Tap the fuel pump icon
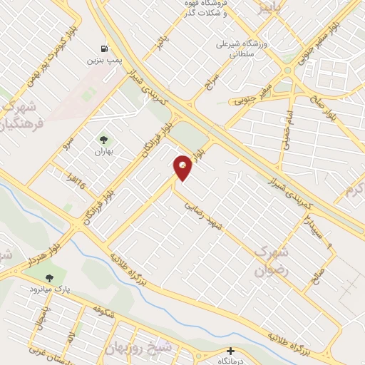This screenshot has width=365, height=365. pyautogui.click(x=105, y=49)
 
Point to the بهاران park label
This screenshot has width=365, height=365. pyautogui.click(x=105, y=152)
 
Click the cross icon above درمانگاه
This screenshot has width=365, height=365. pyautogui.click(x=230, y=351)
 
